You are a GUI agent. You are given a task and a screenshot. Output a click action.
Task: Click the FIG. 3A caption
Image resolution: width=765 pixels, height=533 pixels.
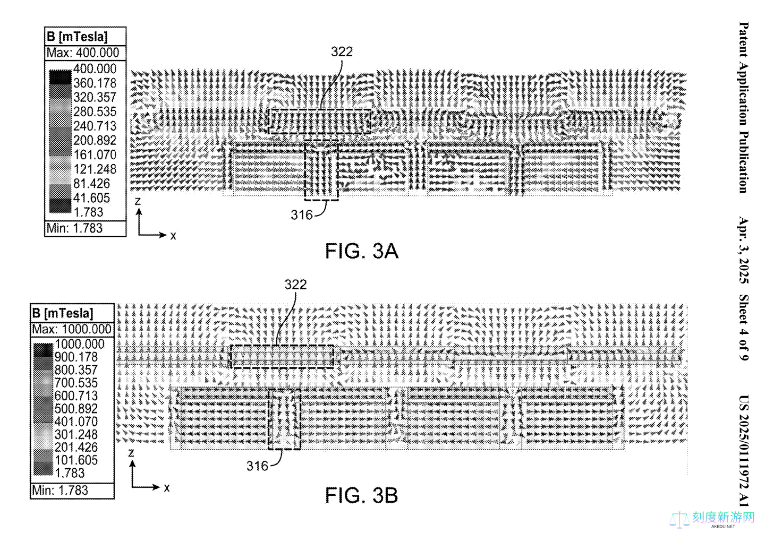(x=361, y=251)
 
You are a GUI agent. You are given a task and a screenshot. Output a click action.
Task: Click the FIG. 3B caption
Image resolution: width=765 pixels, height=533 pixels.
(x=361, y=495)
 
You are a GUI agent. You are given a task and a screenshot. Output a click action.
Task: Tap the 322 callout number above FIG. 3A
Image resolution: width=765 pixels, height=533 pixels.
(x=342, y=51)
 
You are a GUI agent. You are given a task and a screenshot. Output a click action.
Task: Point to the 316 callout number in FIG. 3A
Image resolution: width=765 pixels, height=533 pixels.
(x=301, y=215)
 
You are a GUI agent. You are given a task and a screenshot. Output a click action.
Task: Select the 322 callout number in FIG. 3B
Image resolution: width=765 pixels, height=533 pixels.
(x=295, y=285)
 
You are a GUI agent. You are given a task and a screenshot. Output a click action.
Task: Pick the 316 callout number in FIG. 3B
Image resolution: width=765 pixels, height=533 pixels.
(x=257, y=466)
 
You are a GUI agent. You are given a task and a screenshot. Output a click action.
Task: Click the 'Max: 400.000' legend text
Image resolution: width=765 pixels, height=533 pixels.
(x=83, y=53)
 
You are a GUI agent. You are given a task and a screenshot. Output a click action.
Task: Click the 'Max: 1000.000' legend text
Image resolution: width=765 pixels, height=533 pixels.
(x=72, y=329)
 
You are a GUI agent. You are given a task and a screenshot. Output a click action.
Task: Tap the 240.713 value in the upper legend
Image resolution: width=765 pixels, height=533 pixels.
(x=95, y=126)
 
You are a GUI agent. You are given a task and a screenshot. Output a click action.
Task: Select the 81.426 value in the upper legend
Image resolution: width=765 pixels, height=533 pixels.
(x=91, y=184)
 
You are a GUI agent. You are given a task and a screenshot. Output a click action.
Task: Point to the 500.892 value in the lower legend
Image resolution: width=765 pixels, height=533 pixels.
(x=76, y=409)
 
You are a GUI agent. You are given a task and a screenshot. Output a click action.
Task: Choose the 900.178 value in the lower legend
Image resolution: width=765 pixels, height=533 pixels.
(x=76, y=357)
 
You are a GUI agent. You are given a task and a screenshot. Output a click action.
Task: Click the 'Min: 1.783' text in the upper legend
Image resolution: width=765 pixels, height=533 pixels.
(x=74, y=228)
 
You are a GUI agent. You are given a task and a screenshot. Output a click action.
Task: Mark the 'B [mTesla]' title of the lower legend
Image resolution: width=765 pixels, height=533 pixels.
(x=63, y=313)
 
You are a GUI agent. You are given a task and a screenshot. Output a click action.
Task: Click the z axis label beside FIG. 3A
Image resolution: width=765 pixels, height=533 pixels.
(x=138, y=201)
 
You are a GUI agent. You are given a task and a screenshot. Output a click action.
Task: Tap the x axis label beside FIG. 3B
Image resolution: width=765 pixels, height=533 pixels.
(x=167, y=487)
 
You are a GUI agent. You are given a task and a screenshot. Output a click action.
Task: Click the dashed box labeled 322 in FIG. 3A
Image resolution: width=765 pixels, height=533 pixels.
(x=319, y=122)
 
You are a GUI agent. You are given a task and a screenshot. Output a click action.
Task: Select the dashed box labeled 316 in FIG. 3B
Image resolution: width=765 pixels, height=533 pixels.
(x=284, y=419)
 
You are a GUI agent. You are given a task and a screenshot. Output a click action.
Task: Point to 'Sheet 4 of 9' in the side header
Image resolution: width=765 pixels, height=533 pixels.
(x=744, y=328)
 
